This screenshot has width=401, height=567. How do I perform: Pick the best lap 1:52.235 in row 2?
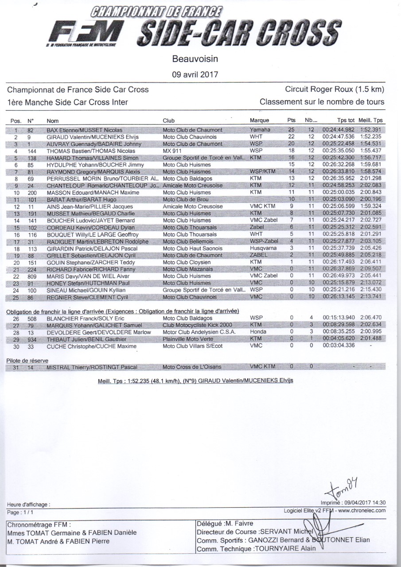[371, 137]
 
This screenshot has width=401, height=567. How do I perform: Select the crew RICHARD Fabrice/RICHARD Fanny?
[79, 269]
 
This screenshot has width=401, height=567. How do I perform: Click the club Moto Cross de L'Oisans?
[192, 367]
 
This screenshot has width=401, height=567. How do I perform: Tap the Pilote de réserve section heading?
[27, 361]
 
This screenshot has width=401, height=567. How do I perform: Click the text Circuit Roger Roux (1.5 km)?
[335, 89]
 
